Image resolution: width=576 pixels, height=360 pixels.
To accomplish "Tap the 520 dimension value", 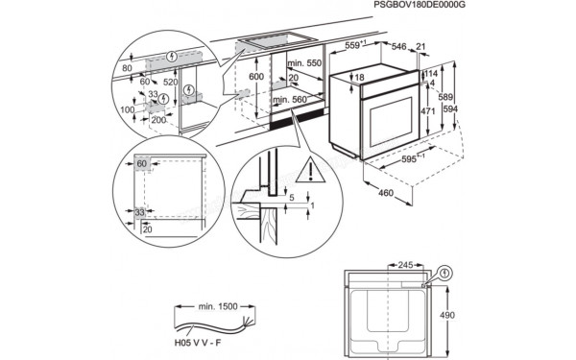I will (169, 82).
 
